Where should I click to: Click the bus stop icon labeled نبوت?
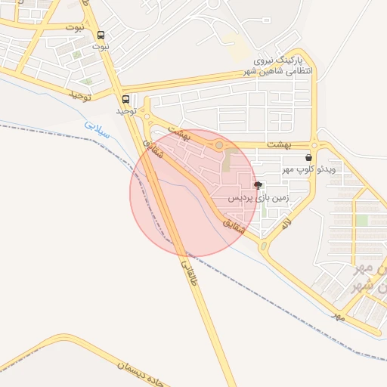(x=101, y=35)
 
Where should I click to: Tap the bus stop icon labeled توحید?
(x=125, y=99)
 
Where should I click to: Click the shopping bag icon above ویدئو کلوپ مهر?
(x=308, y=158)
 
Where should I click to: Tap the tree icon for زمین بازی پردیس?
(x=259, y=185)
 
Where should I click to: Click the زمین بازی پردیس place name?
(x=259, y=198)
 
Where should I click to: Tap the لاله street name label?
(x=285, y=223)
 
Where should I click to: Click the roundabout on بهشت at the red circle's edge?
(x=219, y=144)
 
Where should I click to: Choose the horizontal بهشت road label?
(x=280, y=144)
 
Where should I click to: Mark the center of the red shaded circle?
(x=194, y=193)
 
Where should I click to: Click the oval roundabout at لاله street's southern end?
(x=264, y=246)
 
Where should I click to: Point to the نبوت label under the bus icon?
(x=101, y=46)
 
